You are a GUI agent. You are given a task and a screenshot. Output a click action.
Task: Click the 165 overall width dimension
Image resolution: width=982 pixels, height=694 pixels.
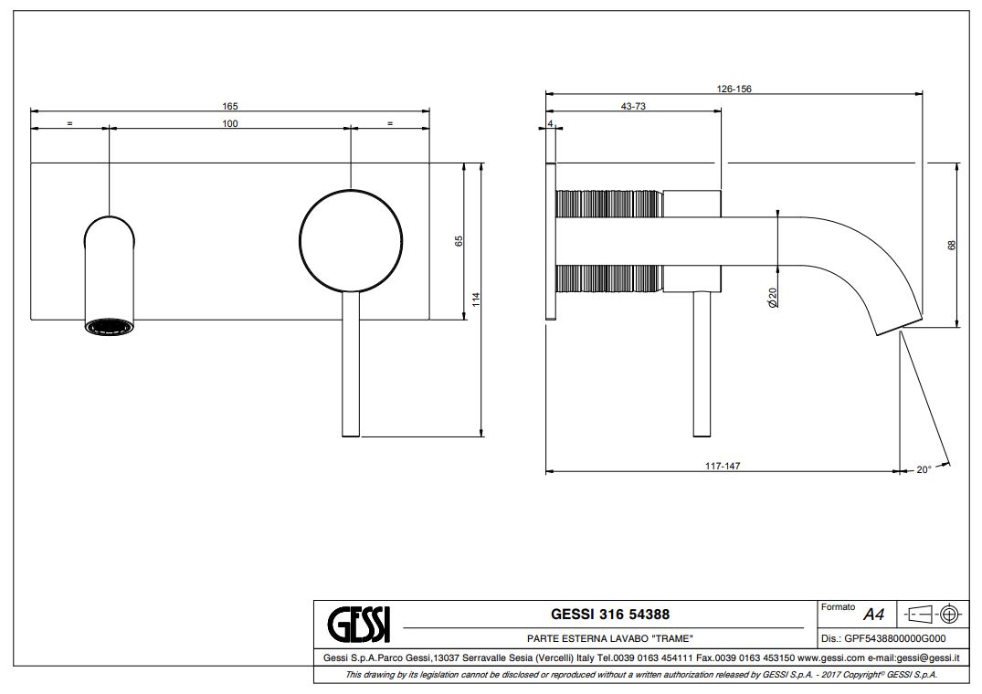[230, 107]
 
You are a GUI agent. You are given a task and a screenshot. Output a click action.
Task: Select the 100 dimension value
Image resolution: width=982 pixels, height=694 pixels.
[230, 124]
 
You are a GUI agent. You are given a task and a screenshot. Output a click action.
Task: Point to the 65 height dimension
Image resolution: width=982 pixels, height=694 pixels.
[459, 241]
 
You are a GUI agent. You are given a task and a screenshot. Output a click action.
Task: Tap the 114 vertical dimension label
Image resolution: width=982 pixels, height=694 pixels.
[476, 300]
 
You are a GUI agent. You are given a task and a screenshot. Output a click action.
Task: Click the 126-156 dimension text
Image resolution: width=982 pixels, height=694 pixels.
[734, 89]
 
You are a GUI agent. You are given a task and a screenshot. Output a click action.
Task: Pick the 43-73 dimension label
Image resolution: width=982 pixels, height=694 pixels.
[633, 107]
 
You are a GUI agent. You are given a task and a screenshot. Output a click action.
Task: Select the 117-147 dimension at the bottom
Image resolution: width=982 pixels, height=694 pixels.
[723, 467]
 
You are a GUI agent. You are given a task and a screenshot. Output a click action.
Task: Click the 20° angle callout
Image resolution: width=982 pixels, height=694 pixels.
[924, 470]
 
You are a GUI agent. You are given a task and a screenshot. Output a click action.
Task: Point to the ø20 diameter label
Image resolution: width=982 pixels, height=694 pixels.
[772, 298]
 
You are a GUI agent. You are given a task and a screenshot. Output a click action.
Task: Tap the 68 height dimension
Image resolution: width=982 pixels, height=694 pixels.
[952, 246]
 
